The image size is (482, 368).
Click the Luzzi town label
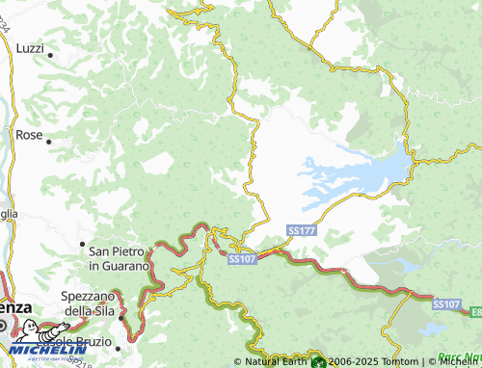tap(31, 48)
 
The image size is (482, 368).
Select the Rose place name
tap(29, 135)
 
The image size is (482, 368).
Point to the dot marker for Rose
tap(48, 142)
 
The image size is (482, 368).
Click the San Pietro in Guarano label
tap(119, 257)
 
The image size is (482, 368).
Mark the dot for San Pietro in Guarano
tap(83, 245)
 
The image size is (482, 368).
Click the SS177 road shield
tap(300, 231)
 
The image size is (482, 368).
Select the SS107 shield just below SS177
tap(242, 258)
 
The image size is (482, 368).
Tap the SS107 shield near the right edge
tap(445, 303)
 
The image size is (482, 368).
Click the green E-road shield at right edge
tap(477, 311)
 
